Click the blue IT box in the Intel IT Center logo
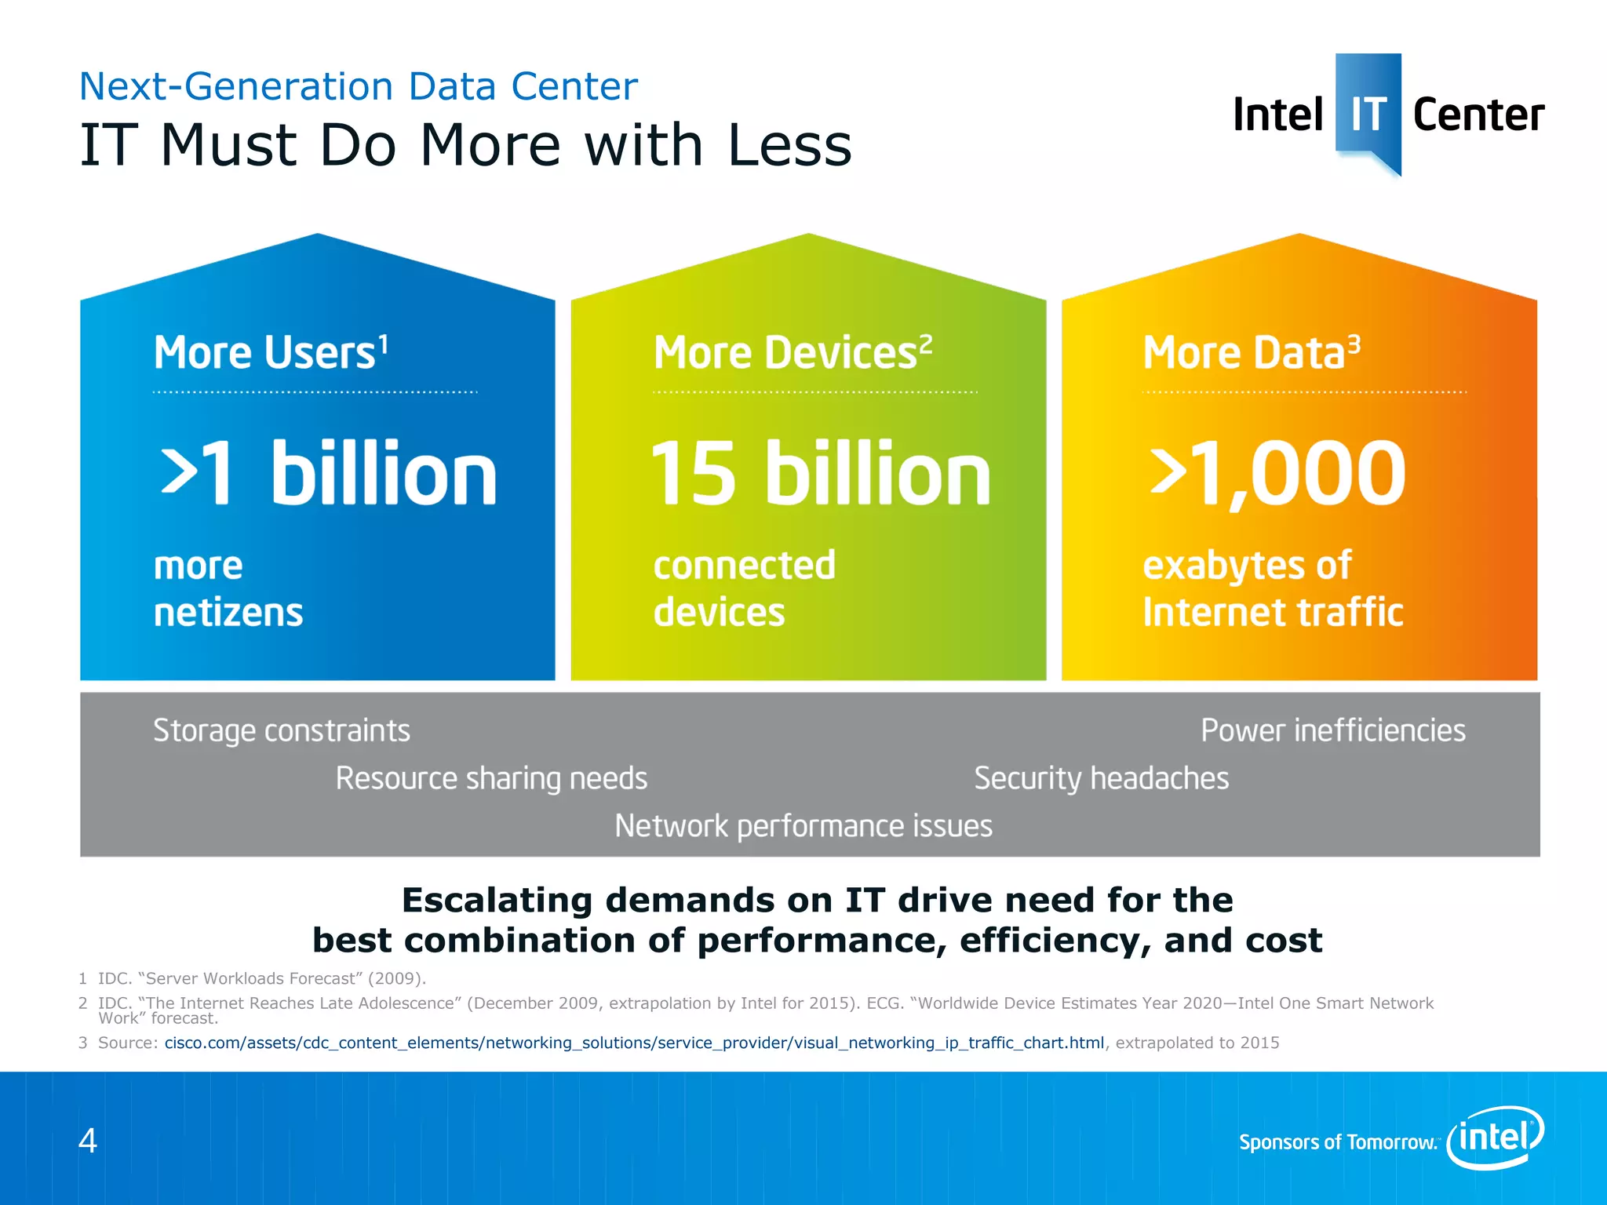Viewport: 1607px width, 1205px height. coord(1368,110)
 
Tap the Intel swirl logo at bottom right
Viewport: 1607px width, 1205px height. coord(1496,1137)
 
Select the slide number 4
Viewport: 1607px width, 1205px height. coord(88,1140)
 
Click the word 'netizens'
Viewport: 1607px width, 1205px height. coord(228,613)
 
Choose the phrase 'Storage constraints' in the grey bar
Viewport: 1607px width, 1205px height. coord(281,730)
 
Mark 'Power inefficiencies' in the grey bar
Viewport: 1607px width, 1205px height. coord(1332,730)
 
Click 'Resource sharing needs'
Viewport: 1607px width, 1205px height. coord(491,778)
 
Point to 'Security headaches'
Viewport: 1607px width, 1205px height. coord(1101,778)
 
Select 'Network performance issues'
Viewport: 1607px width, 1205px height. coord(803,826)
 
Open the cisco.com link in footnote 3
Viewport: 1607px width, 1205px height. coord(634,1043)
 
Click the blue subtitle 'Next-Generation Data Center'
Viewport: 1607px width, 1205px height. coord(359,86)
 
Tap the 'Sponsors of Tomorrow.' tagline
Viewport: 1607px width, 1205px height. coord(1337,1142)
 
